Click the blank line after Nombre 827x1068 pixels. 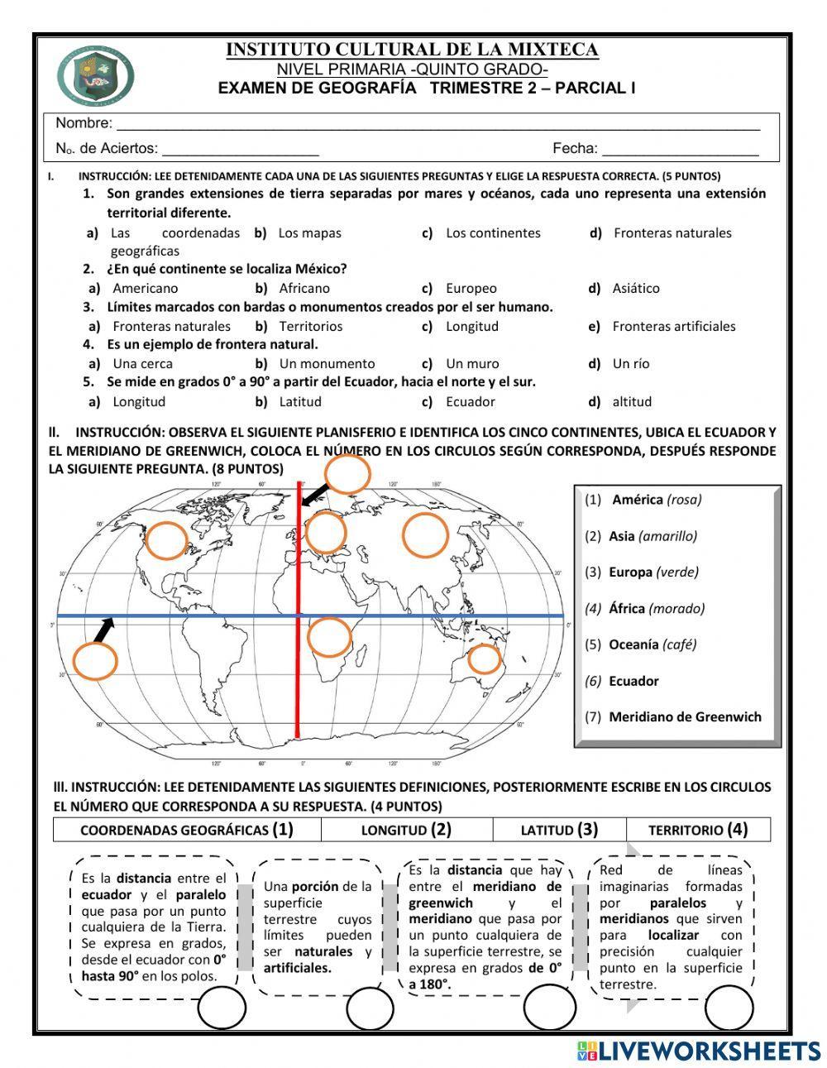pyautogui.click(x=437, y=124)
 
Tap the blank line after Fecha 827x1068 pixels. pyautogui.click(x=680, y=150)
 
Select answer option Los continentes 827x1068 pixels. pyautogui.click(x=492, y=233)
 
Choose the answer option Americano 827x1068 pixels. pyautogui.click(x=145, y=289)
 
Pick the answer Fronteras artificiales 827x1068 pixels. pyautogui.click(x=673, y=327)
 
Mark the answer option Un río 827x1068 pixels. pyautogui.click(x=631, y=364)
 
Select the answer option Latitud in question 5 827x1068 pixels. pyautogui.click(x=300, y=402)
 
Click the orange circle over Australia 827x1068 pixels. pyautogui.click(x=485, y=659)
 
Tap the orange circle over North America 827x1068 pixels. pyautogui.click(x=168, y=540)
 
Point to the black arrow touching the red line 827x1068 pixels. pyautogui.click(x=313, y=494)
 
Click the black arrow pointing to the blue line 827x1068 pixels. pyautogui.click(x=103, y=630)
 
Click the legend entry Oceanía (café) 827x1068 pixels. pyautogui.click(x=653, y=644)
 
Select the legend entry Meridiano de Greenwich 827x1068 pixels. pyautogui.click(x=685, y=717)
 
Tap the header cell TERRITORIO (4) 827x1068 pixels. pyautogui.click(x=697, y=830)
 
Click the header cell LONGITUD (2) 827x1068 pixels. pyautogui.click(x=406, y=830)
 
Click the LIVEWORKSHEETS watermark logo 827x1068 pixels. pyautogui.click(x=700, y=1051)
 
